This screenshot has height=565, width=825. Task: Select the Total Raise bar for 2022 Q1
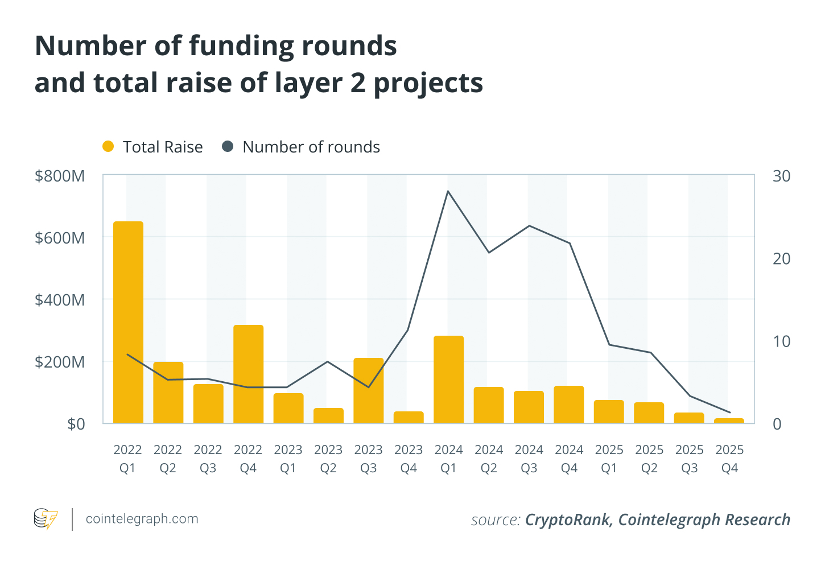(x=128, y=322)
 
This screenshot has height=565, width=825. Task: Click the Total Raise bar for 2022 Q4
(x=248, y=374)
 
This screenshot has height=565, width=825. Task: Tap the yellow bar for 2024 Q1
(x=448, y=380)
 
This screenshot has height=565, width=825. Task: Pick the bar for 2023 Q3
(x=368, y=390)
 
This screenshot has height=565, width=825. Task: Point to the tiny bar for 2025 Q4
(x=729, y=421)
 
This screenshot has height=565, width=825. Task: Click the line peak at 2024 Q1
(x=448, y=191)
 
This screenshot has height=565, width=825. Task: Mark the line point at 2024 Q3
(x=529, y=226)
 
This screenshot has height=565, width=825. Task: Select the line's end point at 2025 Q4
(x=729, y=413)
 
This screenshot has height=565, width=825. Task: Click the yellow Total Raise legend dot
(x=108, y=147)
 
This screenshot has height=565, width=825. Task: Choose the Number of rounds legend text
(x=311, y=147)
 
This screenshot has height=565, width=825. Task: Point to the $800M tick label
(x=60, y=176)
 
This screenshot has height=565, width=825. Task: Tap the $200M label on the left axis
(x=60, y=362)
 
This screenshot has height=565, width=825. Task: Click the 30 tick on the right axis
(x=781, y=176)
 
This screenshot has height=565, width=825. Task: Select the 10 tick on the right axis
(x=781, y=341)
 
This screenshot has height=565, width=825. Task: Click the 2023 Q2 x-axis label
(x=328, y=459)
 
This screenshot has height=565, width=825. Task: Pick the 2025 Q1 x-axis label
(x=609, y=459)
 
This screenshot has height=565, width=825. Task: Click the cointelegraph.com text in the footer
(x=142, y=519)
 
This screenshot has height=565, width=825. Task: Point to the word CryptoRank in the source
(x=567, y=519)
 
